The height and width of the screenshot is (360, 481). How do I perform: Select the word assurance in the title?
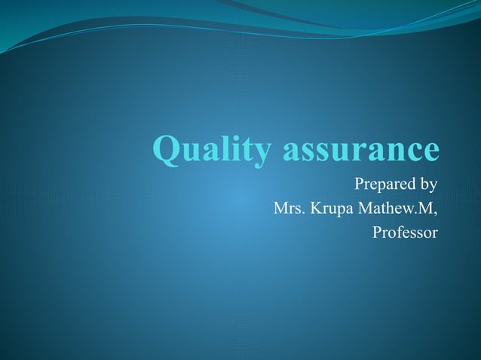(x=360, y=148)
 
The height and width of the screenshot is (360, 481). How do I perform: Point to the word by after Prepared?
(x=428, y=185)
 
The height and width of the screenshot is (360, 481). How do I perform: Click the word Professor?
(x=405, y=232)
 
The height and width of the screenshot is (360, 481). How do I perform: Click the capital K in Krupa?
(x=310, y=208)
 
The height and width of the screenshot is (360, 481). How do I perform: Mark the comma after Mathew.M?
(x=435, y=212)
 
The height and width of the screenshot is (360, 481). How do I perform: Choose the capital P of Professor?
(x=377, y=232)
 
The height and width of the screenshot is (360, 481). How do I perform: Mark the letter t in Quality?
(x=252, y=148)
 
